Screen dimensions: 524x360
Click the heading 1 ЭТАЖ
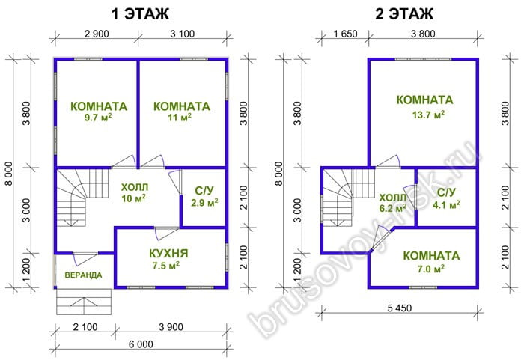point(140,14)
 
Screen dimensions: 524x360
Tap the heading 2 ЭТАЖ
point(404,14)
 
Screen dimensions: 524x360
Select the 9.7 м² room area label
point(98,118)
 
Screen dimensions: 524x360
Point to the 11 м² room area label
point(180,118)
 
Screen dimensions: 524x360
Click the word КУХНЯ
point(168,254)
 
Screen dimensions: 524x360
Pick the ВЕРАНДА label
point(83,275)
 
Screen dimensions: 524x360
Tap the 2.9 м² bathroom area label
point(204,202)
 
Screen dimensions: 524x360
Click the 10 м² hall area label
point(134,198)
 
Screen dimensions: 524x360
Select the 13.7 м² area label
point(428,115)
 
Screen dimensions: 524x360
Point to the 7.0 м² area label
point(430,269)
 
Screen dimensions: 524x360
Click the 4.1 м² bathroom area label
point(446,204)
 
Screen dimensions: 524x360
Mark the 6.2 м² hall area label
point(393,208)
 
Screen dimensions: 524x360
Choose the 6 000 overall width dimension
point(141,344)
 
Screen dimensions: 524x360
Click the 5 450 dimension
point(400,308)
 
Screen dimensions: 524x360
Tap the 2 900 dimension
point(97,34)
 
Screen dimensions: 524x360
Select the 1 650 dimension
point(345,34)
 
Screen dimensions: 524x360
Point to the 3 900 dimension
point(171,326)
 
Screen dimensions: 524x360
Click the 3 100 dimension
point(182,34)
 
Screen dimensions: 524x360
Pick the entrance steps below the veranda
point(84,302)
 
